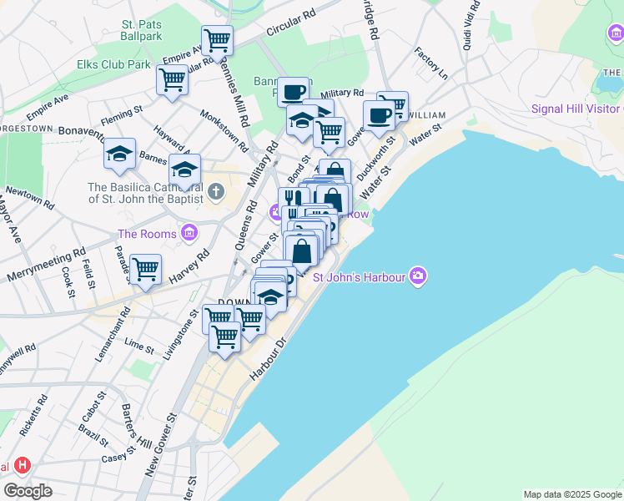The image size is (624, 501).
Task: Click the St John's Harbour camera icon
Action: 418,276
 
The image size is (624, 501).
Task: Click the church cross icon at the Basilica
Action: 216,193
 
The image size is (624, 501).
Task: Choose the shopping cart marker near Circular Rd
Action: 217,39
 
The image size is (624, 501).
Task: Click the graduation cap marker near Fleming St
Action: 120,154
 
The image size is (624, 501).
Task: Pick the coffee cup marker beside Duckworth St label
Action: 378,115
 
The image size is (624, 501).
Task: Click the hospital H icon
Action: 23,465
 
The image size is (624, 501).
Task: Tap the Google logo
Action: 28,491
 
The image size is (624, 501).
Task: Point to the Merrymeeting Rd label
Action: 46,265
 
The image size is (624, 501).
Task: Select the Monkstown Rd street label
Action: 224,129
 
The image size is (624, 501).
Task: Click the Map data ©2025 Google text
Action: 571,494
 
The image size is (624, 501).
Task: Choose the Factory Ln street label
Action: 431,63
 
